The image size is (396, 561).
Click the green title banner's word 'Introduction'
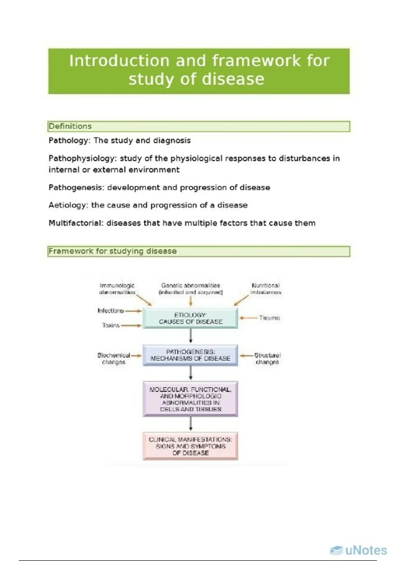coord(119,61)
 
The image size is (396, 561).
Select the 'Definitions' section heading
coord(70,126)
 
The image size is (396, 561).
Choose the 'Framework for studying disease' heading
coord(113,251)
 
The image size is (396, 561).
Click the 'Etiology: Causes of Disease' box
coord(190,318)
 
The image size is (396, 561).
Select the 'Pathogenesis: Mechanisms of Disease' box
coord(190,355)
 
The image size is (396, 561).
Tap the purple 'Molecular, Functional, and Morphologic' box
coord(190,399)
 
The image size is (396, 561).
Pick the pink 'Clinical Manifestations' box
coord(190,446)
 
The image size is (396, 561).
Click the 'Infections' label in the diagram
coord(111,311)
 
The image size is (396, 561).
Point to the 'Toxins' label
coord(111,325)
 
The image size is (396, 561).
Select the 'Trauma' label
coord(269,318)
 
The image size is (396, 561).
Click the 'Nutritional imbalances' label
coord(266,289)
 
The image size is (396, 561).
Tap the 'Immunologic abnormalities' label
coord(117,289)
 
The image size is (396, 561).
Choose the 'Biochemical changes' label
coord(114,359)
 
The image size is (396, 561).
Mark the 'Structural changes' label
coord(267,359)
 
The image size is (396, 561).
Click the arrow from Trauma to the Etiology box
coord(248,318)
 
